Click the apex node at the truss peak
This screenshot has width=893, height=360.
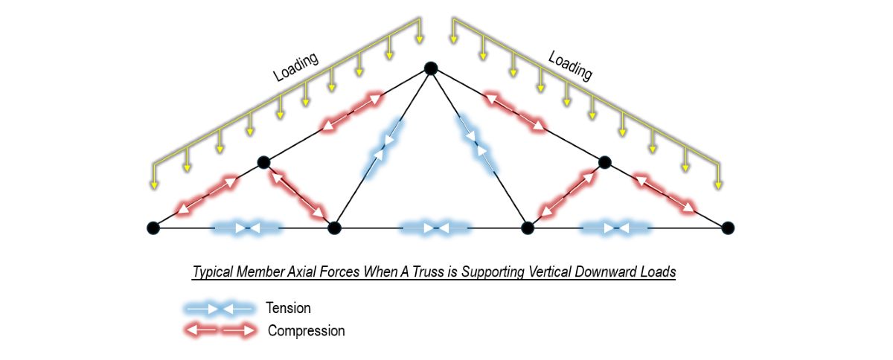click(430, 68)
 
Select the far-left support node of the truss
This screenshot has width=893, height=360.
click(153, 228)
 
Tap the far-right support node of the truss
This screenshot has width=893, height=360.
click(728, 228)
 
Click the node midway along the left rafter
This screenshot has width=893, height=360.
click(263, 161)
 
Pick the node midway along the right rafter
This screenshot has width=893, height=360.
click(604, 161)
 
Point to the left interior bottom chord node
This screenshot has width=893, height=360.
click(334, 228)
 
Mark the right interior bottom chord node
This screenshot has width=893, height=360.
click(527, 228)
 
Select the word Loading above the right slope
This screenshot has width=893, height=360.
click(570, 66)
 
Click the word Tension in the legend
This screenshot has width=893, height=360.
click(288, 308)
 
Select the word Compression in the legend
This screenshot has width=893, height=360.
click(306, 331)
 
